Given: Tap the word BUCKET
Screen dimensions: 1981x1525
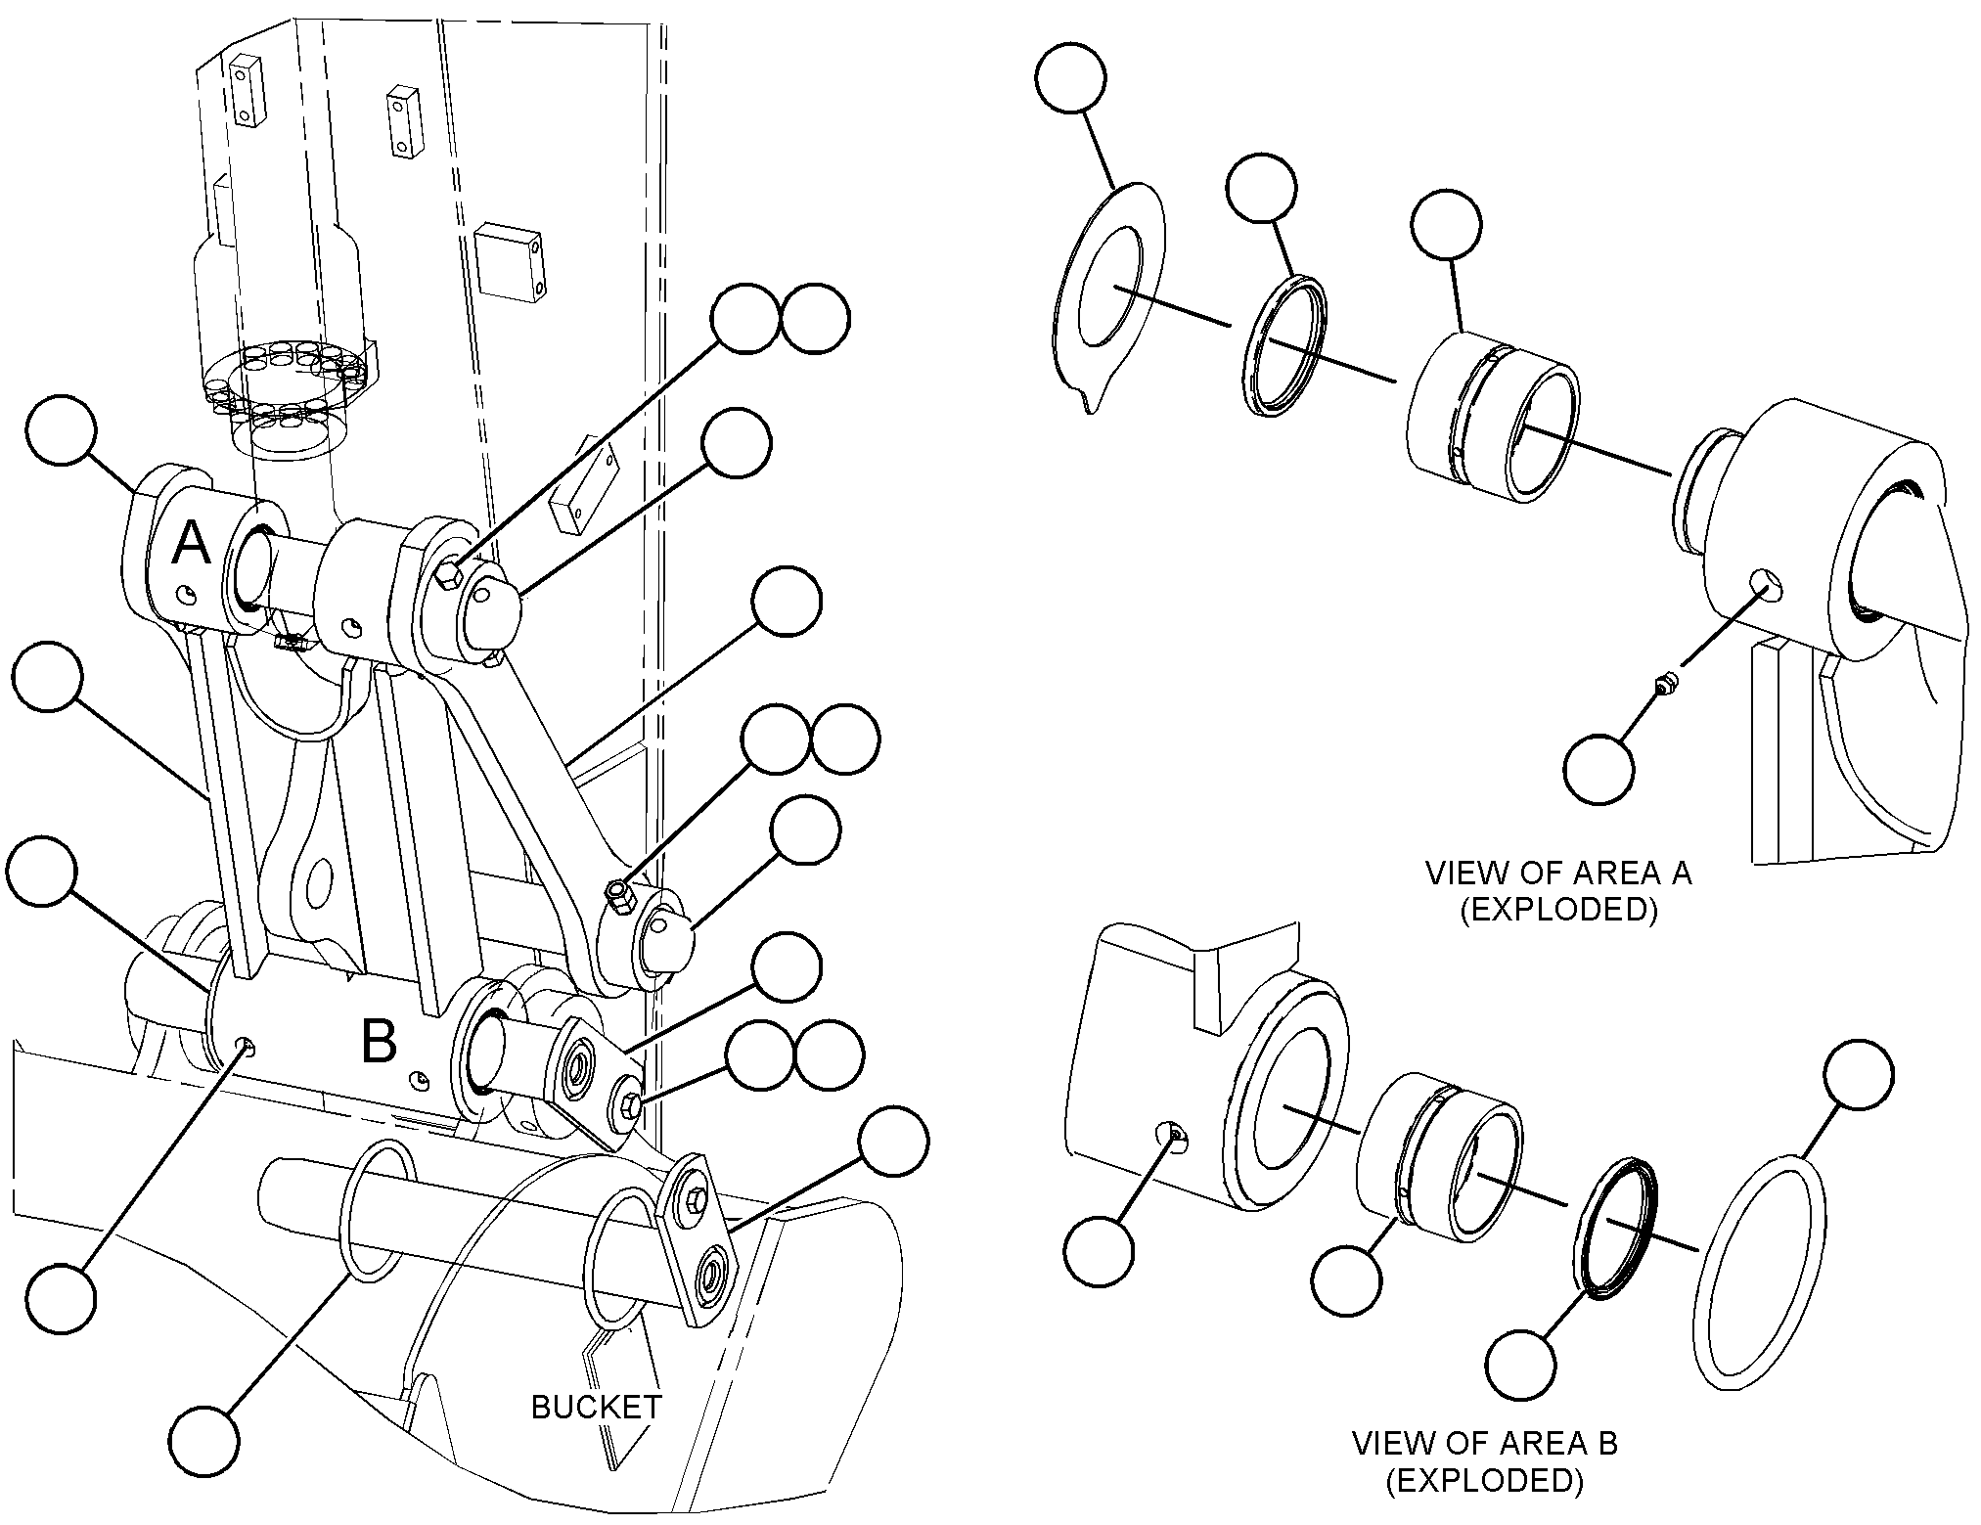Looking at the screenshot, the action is [x=596, y=1407].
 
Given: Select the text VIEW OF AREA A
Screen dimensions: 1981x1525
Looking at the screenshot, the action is [x=1558, y=873].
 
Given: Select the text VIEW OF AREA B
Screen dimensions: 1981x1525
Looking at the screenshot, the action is [x=1485, y=1444].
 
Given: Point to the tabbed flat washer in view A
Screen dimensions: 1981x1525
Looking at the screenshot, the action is [x=1110, y=295].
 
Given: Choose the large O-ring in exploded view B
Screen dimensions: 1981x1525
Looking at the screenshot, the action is [x=1758, y=1271].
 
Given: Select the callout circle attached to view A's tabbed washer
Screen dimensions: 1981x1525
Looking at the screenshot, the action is [x=1070, y=78].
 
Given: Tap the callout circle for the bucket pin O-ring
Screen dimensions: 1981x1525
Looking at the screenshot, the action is [x=203, y=1441].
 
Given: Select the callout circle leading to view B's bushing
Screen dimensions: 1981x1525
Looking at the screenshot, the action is [x=1347, y=1279].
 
